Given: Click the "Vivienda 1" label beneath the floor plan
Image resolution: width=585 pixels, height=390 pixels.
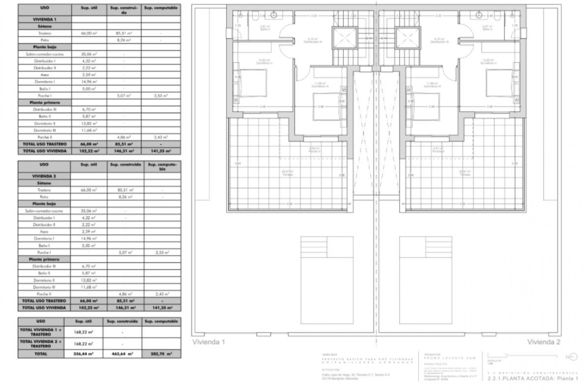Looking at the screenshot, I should pos(208,342).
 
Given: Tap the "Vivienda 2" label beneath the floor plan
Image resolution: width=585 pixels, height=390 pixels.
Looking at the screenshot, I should pos(544,342).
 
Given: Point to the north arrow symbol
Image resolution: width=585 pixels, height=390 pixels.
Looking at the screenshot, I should pos(572,357).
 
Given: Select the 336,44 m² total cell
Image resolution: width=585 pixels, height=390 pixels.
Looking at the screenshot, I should pos(83,354).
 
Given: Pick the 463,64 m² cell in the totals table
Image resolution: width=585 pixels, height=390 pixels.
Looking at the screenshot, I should pos(122,354).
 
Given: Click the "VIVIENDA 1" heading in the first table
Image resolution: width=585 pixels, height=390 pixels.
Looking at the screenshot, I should pos(44,19).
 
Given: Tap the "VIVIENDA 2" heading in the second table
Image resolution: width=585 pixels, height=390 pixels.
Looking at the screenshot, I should pos(44,176).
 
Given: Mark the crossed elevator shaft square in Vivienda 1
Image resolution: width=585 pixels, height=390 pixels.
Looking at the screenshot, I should pos(344,38).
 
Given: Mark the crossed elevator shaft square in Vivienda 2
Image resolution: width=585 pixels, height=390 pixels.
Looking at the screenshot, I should pos(408,38).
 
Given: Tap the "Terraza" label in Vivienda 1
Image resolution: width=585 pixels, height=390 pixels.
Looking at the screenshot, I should pos(287,175).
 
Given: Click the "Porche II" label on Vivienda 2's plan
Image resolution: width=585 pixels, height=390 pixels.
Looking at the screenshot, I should pos(438,151).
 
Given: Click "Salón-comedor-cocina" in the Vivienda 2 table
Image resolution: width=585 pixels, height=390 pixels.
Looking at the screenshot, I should pos(44,211).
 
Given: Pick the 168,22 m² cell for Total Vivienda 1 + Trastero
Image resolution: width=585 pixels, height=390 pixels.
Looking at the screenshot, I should pos(83,332).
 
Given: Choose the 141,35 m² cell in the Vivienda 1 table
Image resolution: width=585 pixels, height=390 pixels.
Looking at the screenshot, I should pos(161,151).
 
